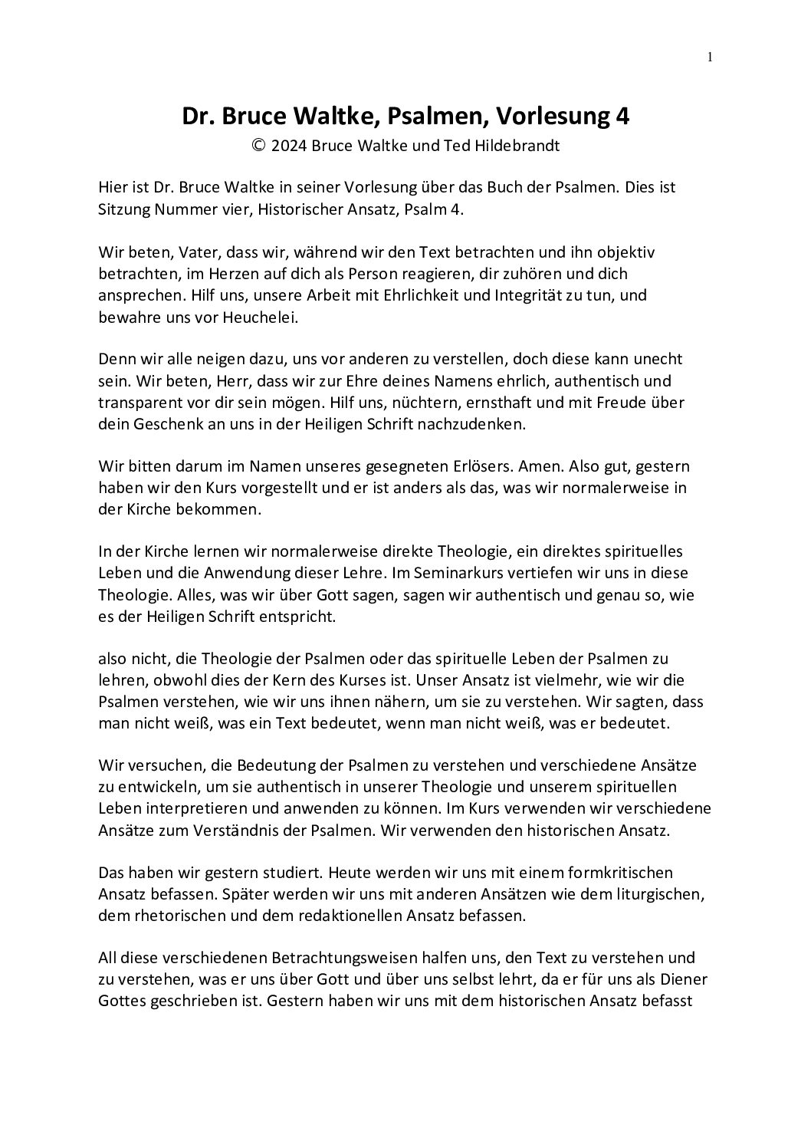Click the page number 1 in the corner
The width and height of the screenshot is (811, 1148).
click(710, 56)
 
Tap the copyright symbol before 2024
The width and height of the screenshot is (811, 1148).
click(259, 146)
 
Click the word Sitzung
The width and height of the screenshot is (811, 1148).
click(122, 209)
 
